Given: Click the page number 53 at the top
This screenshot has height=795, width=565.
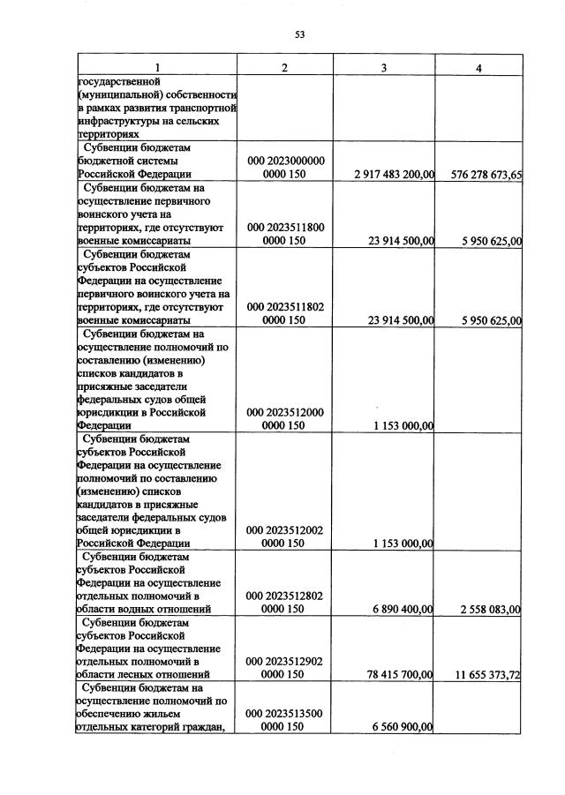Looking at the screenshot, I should click(x=299, y=34).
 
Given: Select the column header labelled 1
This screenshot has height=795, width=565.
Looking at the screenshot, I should click(x=157, y=68).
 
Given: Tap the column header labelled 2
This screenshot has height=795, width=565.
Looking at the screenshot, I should click(x=284, y=68).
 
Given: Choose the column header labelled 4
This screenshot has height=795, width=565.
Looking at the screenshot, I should click(x=478, y=68).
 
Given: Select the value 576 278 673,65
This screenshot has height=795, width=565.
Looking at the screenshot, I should click(x=480, y=176).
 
